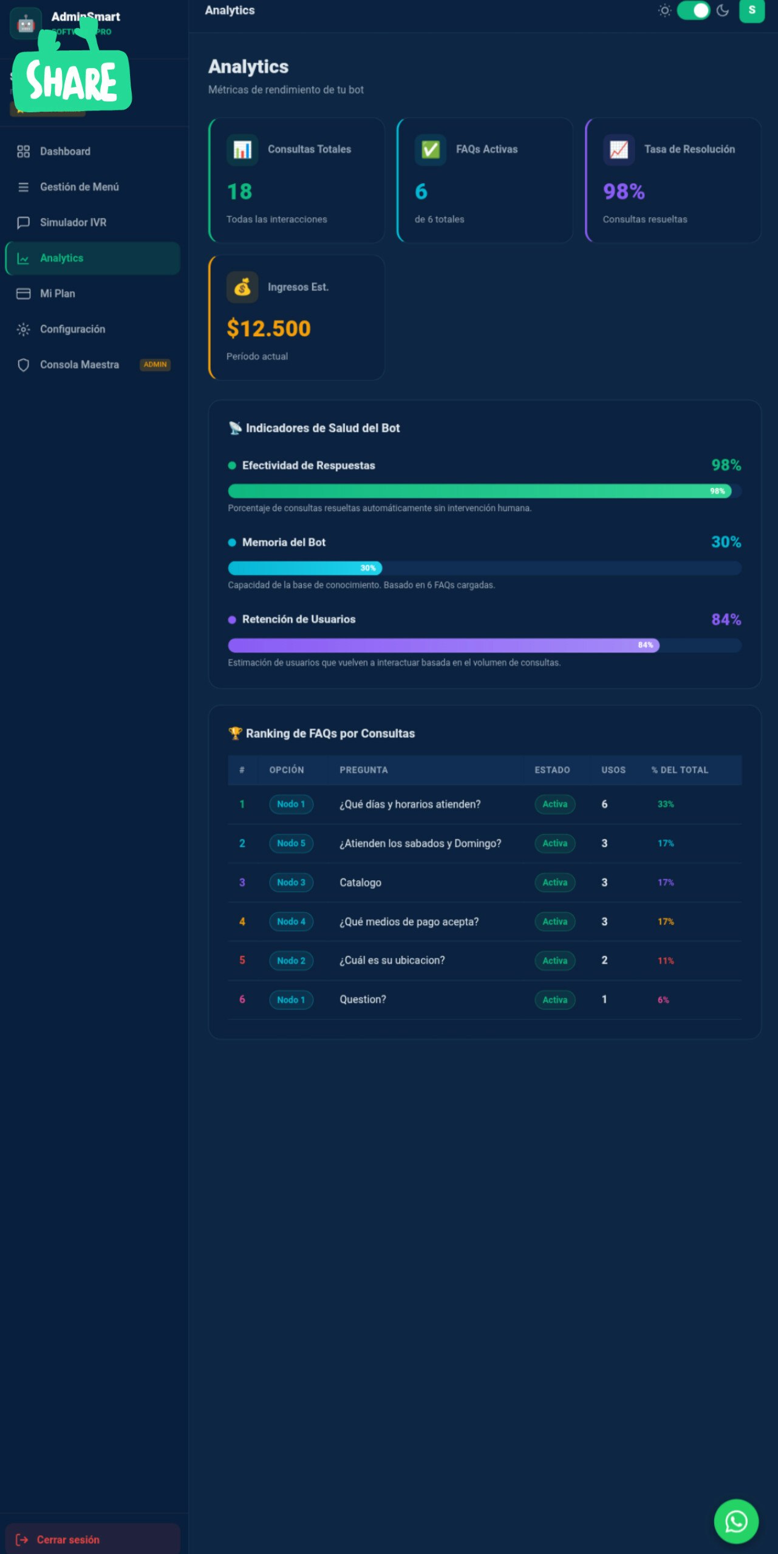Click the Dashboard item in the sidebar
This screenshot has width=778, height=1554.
tap(64, 151)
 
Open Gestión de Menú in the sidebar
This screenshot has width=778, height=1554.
tap(79, 187)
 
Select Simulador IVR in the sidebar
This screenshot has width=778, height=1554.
tap(73, 222)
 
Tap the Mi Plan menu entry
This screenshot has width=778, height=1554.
tap(57, 293)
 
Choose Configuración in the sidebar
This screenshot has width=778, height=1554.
tap(72, 329)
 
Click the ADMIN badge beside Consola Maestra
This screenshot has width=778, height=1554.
tap(155, 364)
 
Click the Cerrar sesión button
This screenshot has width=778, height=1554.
tap(67, 1539)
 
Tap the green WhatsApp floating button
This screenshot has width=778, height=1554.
tap(735, 1521)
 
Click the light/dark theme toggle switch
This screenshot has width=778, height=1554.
tap(694, 10)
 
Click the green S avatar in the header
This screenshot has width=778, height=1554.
tap(751, 10)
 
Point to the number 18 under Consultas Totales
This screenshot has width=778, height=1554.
tap(239, 192)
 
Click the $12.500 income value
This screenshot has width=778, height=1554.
tap(268, 328)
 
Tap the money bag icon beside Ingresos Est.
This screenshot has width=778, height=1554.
tap(242, 287)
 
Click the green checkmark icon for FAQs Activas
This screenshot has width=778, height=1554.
tap(431, 149)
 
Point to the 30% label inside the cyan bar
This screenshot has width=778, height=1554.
tap(368, 568)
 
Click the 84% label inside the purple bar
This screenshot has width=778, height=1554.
tap(645, 645)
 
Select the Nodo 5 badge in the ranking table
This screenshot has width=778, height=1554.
tap(291, 843)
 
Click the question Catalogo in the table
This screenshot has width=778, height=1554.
tap(360, 883)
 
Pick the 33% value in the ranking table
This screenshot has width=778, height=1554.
tap(666, 804)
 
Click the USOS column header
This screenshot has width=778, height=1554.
tap(613, 770)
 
